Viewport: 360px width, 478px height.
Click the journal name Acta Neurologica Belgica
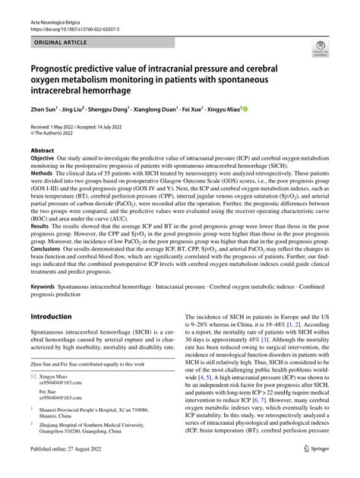pos(58,11)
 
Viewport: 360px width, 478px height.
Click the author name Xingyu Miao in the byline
pos(224,109)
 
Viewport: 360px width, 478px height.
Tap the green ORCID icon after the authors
pos(245,109)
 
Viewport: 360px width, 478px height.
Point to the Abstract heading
pos(43,150)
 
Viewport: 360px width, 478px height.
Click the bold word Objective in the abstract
pos(43,160)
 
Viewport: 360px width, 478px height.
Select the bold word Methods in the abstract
pos(42,173)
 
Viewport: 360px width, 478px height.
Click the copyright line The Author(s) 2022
pos(58,133)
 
